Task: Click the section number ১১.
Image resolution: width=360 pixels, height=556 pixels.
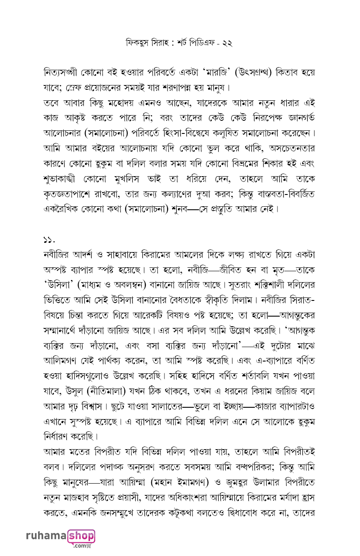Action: [x=49, y=239]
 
